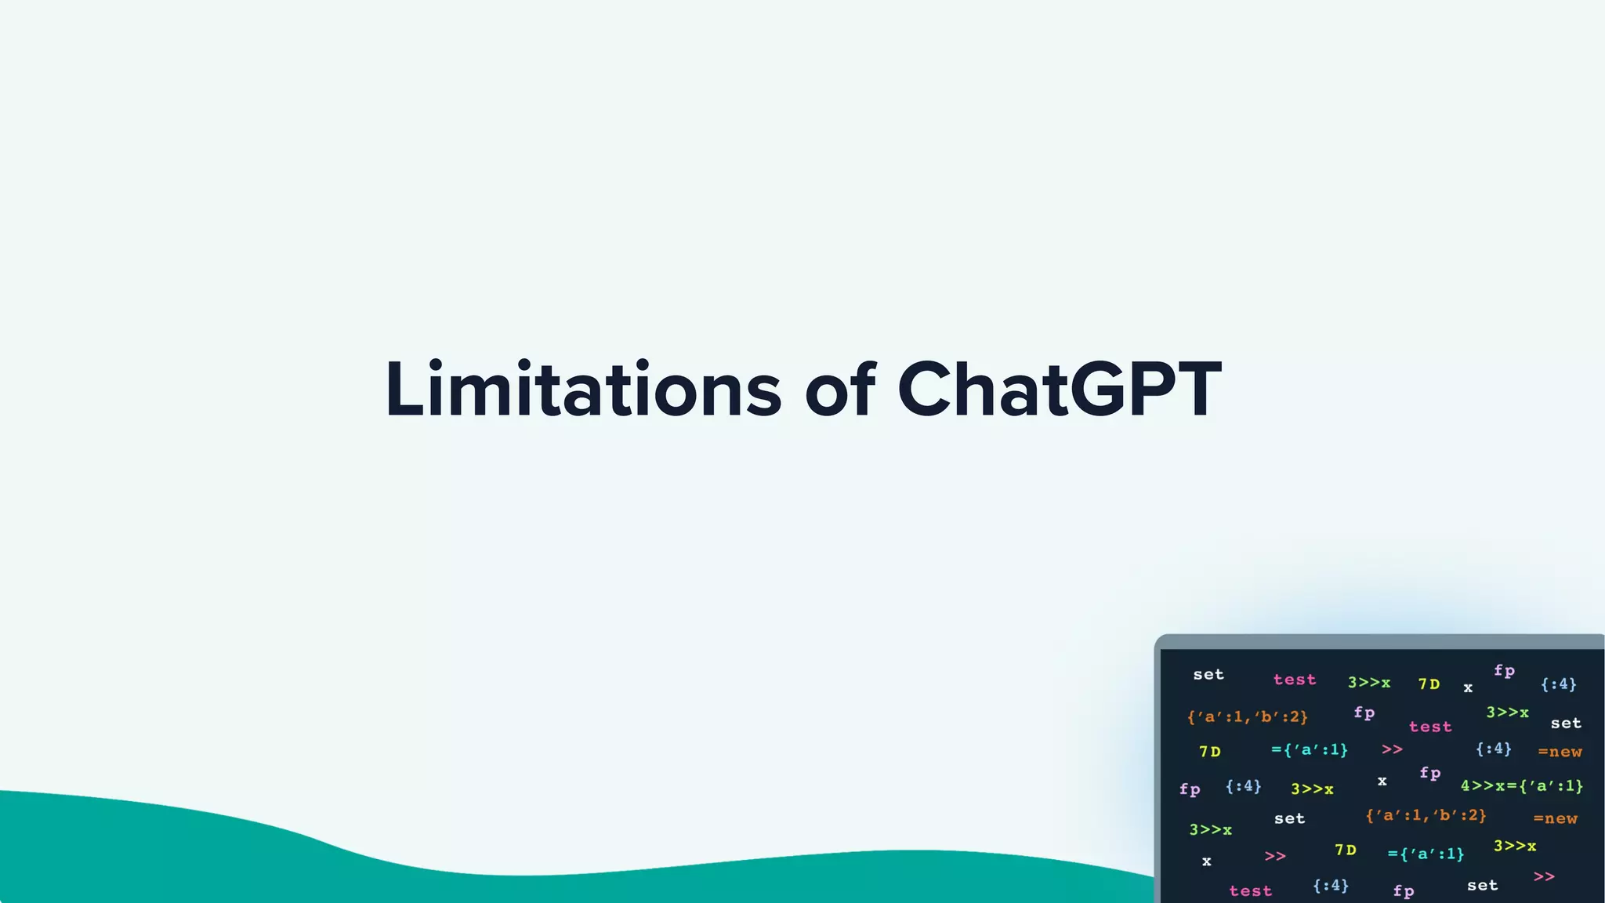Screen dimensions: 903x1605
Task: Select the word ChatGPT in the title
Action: (1059, 390)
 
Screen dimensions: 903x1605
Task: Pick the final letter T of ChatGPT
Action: (1190, 390)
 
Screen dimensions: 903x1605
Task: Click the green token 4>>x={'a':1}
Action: (1521, 785)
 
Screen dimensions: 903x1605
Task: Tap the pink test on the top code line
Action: (1294, 680)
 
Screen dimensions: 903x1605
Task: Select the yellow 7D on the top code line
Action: (1429, 684)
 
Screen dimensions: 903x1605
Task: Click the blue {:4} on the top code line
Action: (1558, 684)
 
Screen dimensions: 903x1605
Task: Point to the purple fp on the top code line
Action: (1504, 670)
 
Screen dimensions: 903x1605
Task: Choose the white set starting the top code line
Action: (1208, 674)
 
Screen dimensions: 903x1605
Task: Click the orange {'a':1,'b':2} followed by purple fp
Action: (1247, 716)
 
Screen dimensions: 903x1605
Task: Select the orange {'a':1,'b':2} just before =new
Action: (1426, 815)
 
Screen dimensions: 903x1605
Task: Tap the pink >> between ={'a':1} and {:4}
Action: (1392, 749)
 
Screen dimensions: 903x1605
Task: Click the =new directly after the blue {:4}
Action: (1560, 752)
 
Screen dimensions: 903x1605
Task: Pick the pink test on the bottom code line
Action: (1250, 890)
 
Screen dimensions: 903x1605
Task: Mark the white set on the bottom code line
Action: (1482, 885)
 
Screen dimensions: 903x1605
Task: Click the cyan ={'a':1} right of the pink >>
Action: (1426, 854)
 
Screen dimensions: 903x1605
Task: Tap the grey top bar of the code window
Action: (1379, 642)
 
